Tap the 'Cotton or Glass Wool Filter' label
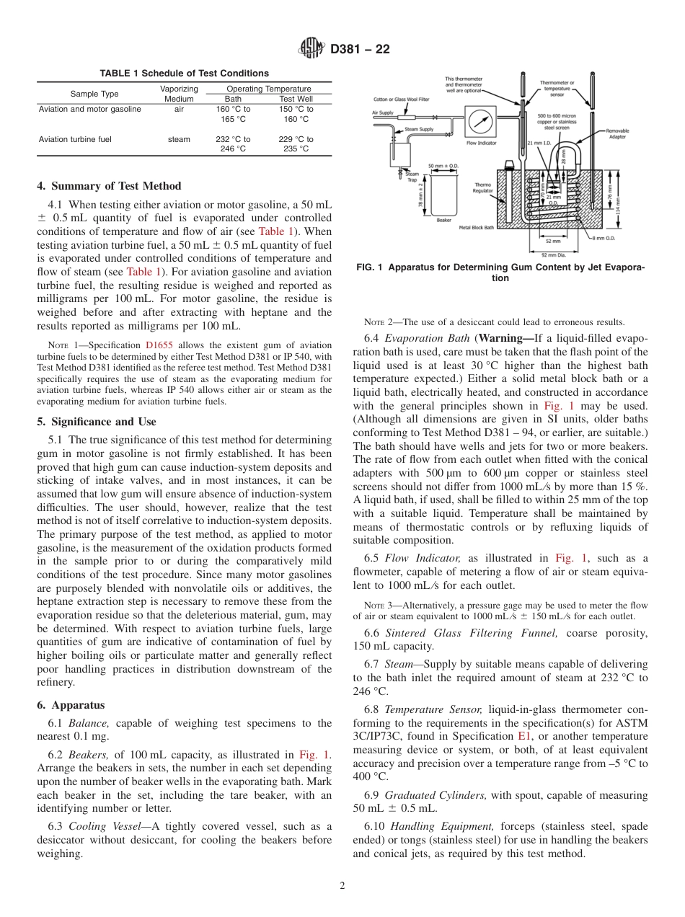click(401, 99)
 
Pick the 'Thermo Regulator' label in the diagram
click(482, 187)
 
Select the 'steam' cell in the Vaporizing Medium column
click(179, 139)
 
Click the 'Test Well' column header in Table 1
click(296, 99)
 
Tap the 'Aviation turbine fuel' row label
click(75, 139)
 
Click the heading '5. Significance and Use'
click(96, 422)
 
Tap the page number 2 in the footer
click(342, 886)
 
